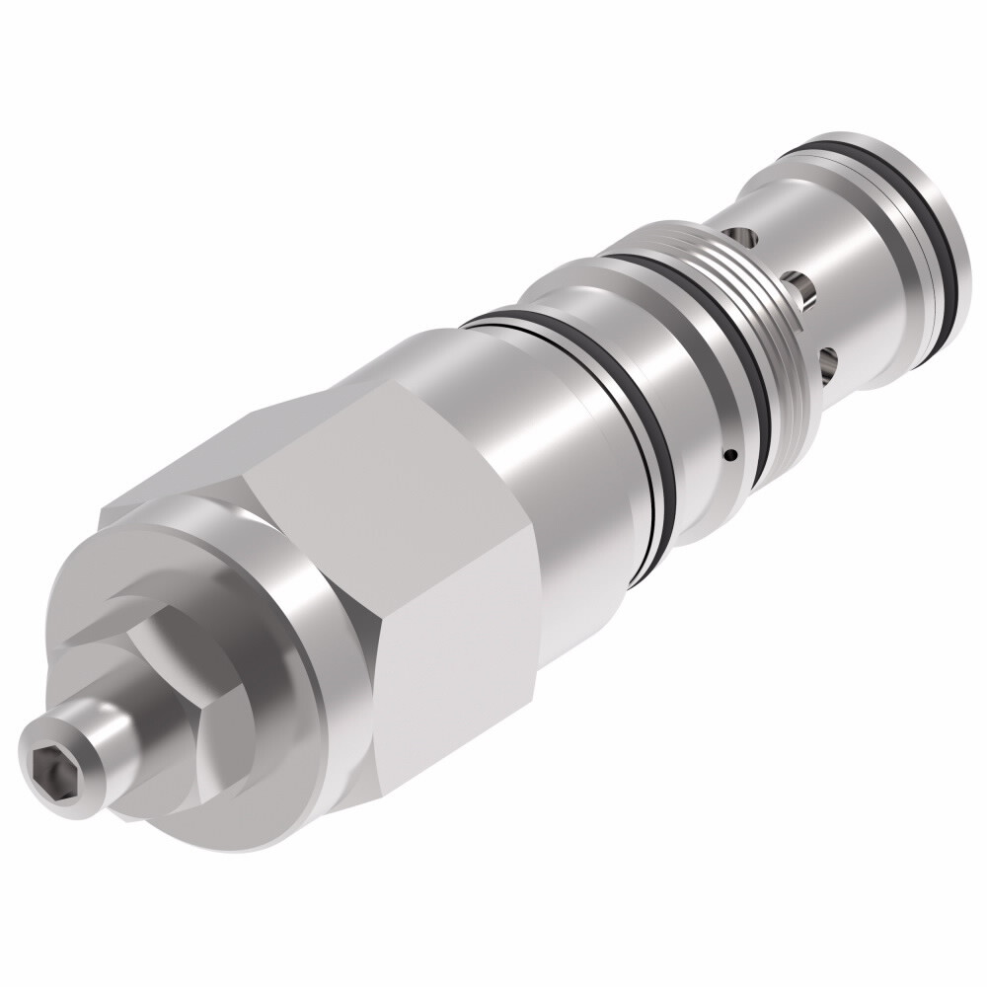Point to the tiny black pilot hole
tap(729, 455)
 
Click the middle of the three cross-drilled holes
tap(802, 289)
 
